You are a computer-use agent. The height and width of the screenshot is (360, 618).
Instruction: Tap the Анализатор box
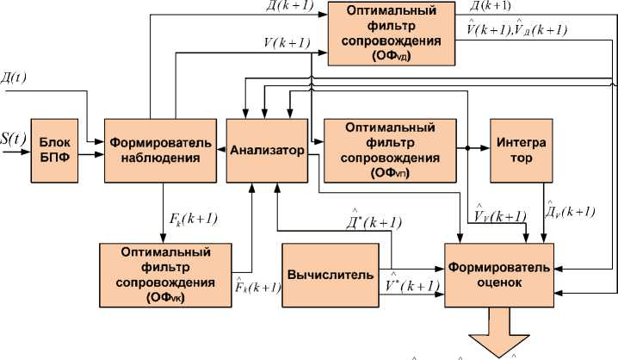pyautogui.click(x=267, y=151)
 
